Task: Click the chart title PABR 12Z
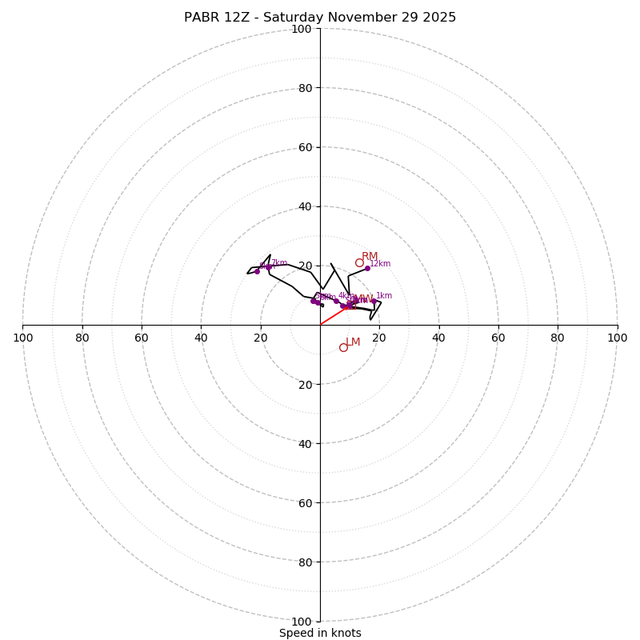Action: pos(320,18)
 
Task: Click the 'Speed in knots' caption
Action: pos(320,633)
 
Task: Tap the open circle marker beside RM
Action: pos(359,262)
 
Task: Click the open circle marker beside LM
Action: pos(343,347)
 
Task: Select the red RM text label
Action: pos(370,256)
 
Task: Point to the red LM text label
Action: pos(353,342)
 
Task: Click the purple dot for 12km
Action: pos(367,268)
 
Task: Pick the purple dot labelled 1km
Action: pos(373,301)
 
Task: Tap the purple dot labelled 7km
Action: pos(269,267)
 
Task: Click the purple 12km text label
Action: pos(380,263)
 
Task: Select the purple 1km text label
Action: pos(384,295)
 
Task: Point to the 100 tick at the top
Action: pos(302,29)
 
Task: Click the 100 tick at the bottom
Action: pos(302,621)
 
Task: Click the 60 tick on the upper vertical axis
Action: pos(306,147)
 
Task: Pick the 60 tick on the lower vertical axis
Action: pos(306,502)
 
